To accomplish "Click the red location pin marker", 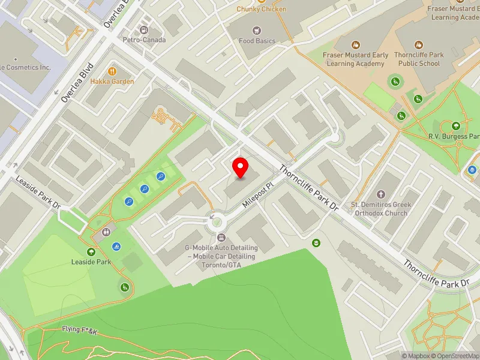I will [x=241, y=167].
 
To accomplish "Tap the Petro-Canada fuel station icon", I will [x=143, y=29].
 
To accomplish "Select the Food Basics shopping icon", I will [x=257, y=30].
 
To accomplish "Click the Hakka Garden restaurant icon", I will [x=112, y=70].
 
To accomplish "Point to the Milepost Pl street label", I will [x=258, y=196].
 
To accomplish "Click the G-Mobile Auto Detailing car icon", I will [x=221, y=238].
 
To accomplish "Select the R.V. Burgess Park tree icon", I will [x=456, y=126].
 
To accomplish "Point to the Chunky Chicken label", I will [x=261, y=9].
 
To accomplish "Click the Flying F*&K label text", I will [x=79, y=330].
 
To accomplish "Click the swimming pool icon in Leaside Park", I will [x=116, y=246].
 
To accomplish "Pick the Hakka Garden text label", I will [x=112, y=81].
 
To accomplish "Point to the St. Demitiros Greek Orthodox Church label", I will [x=380, y=209].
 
